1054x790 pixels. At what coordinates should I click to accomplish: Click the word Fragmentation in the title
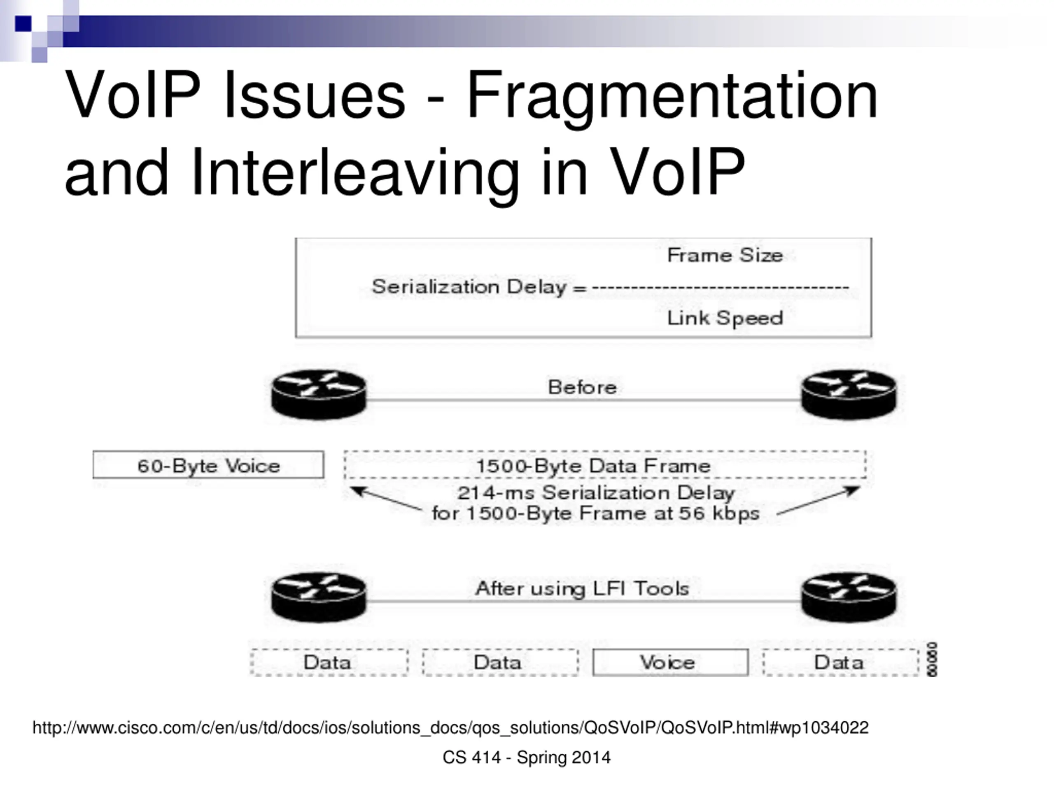point(672,95)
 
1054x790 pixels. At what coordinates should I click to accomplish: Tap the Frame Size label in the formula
point(725,255)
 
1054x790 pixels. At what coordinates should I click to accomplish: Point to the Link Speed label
point(725,318)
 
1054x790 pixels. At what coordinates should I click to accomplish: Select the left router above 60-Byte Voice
point(319,394)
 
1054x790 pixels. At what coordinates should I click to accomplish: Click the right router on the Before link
point(849,394)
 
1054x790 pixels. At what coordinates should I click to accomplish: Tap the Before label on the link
point(582,387)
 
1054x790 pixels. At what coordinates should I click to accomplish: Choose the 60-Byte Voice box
point(208,465)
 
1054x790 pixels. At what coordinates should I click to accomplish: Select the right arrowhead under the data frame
point(855,490)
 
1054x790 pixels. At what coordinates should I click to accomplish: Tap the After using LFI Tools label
point(582,588)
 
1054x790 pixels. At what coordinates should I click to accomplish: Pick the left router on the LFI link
point(319,597)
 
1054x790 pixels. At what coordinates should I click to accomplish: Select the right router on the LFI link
point(849,597)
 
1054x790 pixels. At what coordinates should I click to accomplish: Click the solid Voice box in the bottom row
point(670,662)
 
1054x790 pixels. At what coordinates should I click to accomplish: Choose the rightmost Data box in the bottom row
point(840,662)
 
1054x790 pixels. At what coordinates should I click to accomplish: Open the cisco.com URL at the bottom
point(450,727)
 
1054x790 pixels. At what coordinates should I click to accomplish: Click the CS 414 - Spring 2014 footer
point(527,757)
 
